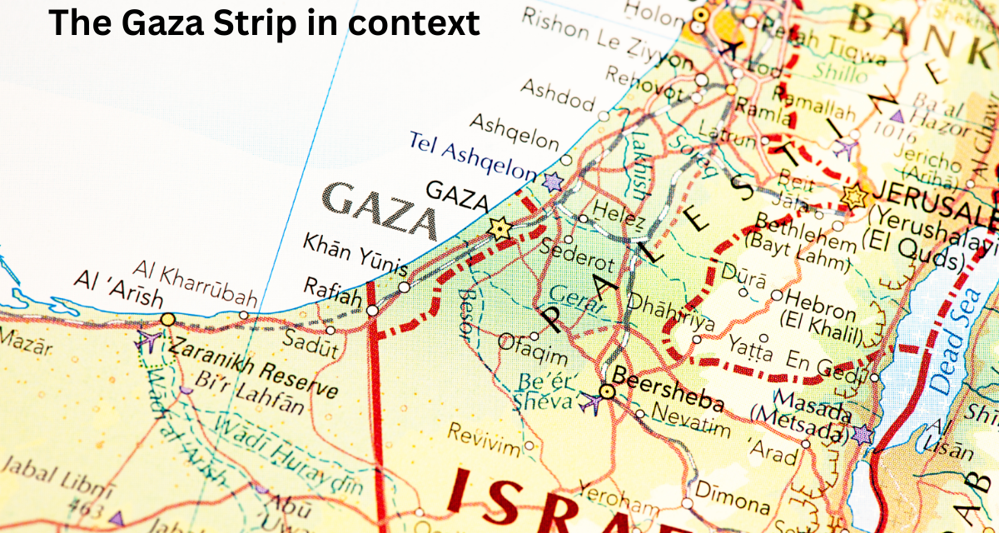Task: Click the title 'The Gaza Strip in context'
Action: click(x=264, y=23)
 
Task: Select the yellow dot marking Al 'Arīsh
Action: click(x=168, y=319)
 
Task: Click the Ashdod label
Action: click(x=558, y=96)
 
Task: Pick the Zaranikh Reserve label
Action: click(x=254, y=366)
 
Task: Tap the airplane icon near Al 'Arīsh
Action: click(x=147, y=340)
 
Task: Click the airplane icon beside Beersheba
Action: click(x=590, y=401)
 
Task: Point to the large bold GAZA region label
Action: click(x=380, y=212)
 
